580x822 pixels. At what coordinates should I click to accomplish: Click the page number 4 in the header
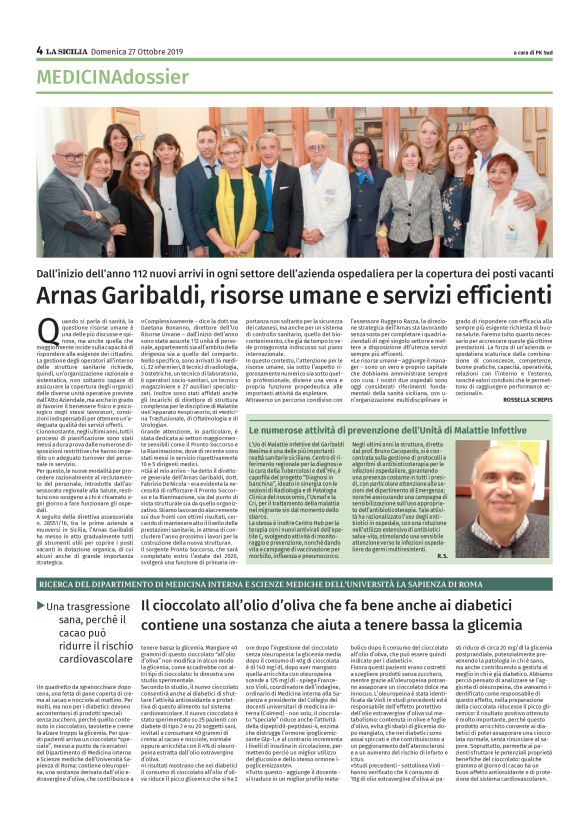tap(39, 50)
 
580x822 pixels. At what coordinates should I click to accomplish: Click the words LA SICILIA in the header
tap(70, 50)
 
